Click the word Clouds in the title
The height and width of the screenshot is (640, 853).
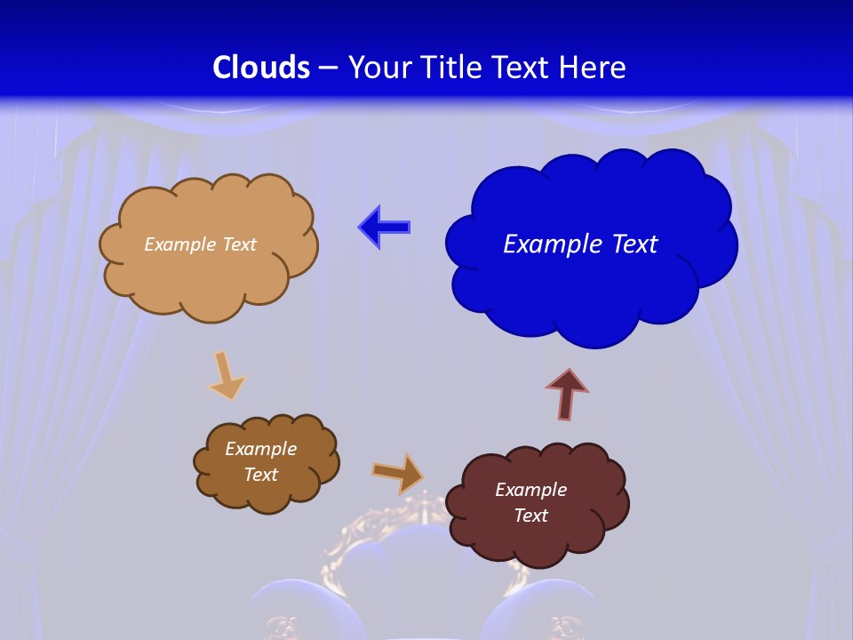(x=261, y=68)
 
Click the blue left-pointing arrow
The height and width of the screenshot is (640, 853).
(x=384, y=228)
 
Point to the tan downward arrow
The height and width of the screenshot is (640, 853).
(x=226, y=376)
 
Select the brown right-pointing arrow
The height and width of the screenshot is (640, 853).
(x=397, y=472)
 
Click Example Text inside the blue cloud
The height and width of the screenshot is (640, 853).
(x=580, y=244)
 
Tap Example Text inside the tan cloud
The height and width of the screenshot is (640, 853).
(x=200, y=244)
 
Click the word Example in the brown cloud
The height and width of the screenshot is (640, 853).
(x=260, y=449)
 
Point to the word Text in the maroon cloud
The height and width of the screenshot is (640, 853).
(x=530, y=516)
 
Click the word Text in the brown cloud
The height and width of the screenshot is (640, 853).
(x=260, y=475)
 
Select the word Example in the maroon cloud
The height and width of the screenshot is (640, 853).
(x=530, y=490)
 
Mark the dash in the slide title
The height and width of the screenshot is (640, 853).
(x=327, y=68)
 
